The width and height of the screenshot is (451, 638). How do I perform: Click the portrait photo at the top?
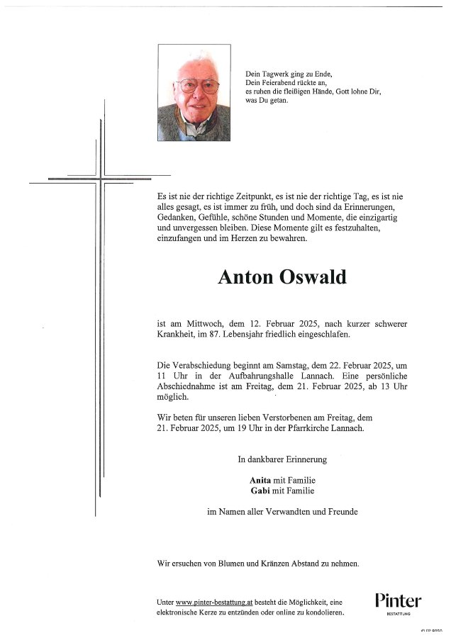coord(194,93)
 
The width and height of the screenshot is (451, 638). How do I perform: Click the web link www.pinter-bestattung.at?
coord(215,602)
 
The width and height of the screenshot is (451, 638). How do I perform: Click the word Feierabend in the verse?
coord(278,83)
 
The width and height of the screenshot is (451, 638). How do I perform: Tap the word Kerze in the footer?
coord(211,612)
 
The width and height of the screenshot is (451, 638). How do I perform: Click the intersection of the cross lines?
coord(100,179)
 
